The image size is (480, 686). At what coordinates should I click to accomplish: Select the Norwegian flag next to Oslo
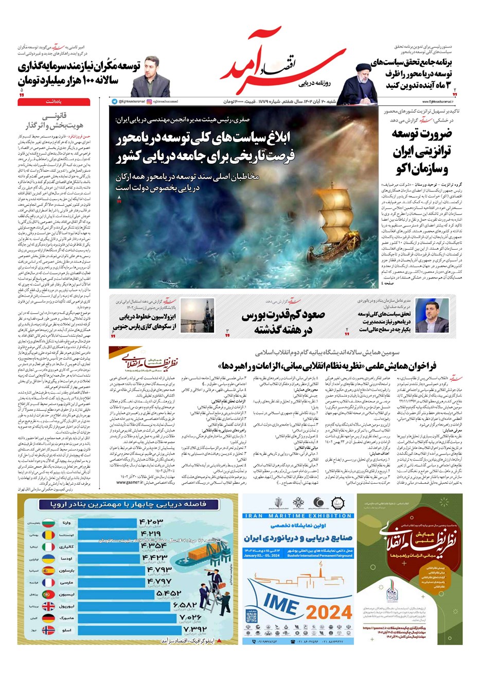point(48,630)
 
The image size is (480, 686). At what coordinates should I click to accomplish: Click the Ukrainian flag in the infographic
point(48,558)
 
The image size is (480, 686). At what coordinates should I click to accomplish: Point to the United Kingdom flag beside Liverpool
point(48,606)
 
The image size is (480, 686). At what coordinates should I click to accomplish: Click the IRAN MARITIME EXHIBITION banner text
point(298,516)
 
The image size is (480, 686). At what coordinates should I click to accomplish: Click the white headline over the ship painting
point(206,146)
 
